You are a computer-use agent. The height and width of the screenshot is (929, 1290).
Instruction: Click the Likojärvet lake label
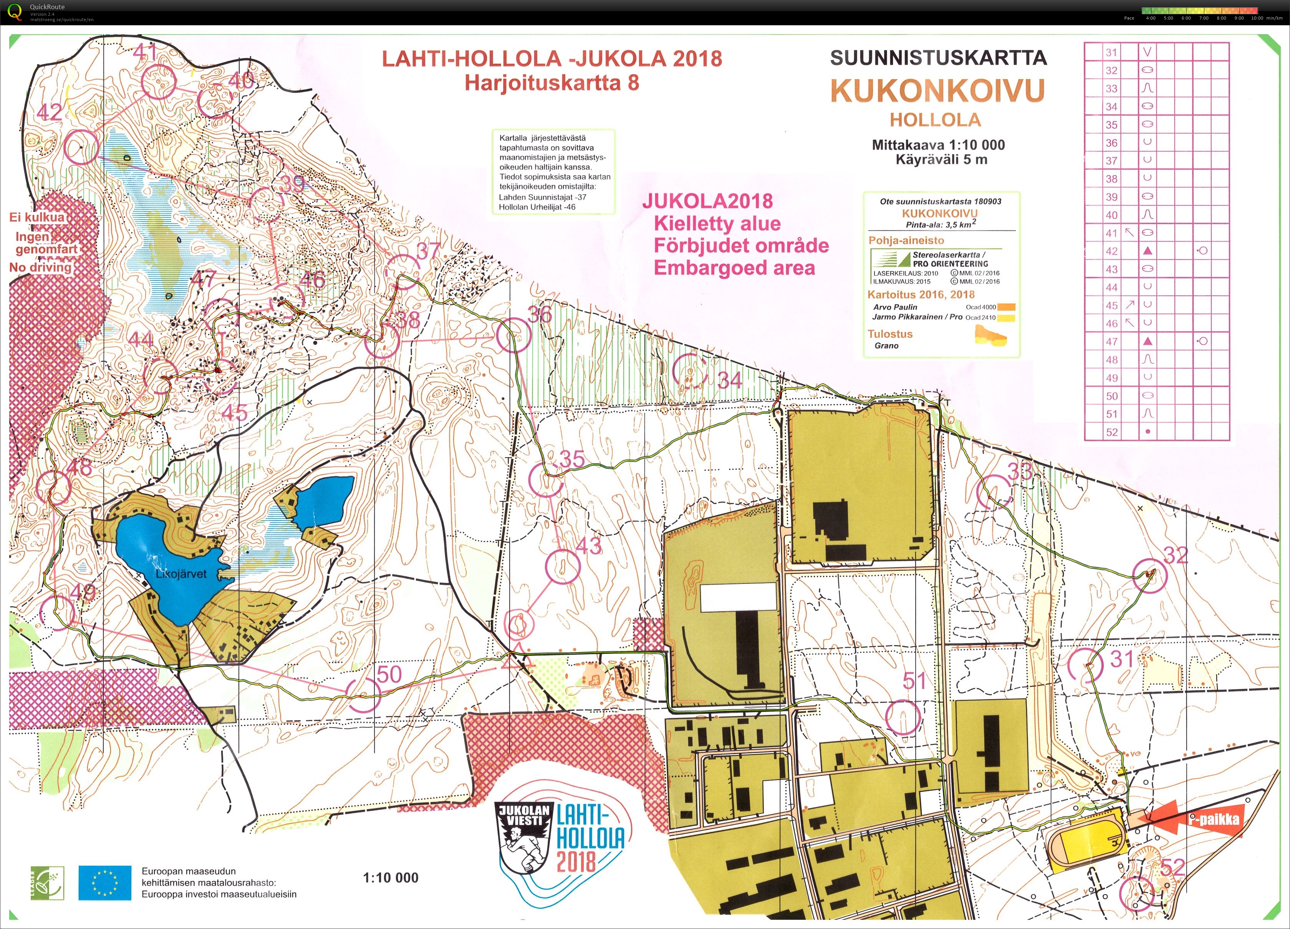point(181,574)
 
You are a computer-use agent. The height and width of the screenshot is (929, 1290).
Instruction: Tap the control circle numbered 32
point(1149,575)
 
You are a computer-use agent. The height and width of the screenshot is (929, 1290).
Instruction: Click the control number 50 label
point(389,674)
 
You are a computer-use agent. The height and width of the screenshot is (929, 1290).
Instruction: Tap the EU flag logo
point(105,883)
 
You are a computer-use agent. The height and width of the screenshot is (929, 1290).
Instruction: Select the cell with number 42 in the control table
point(1111,251)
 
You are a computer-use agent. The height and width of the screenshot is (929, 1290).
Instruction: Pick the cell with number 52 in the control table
point(1111,432)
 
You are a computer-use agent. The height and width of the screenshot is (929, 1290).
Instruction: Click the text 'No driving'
point(40,267)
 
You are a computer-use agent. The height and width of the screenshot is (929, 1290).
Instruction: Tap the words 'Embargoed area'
point(734,267)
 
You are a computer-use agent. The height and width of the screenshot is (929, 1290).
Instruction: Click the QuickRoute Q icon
point(15,12)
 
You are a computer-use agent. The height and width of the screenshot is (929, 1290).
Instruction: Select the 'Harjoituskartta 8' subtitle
point(552,83)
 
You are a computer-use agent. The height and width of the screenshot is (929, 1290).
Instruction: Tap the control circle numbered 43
point(563,566)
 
